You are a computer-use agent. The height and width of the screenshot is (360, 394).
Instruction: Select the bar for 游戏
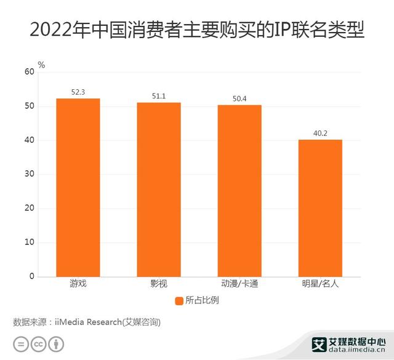click(78, 187)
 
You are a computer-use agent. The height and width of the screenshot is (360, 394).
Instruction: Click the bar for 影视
click(158, 190)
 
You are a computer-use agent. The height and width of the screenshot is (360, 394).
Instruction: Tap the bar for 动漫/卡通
click(239, 191)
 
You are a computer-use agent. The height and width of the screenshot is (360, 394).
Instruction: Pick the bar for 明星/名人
click(320, 208)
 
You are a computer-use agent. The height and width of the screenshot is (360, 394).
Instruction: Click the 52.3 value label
click(78, 92)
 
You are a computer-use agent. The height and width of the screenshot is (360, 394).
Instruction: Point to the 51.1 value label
click(158, 96)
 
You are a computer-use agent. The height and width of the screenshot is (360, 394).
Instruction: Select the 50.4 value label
click(239, 98)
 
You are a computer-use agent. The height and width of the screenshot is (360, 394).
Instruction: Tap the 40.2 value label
click(320, 133)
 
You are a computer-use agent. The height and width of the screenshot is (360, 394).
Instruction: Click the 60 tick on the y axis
click(29, 72)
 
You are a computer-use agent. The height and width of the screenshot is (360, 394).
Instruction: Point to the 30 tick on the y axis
click(29, 175)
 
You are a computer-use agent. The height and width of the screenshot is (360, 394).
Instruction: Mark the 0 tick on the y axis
click(31, 277)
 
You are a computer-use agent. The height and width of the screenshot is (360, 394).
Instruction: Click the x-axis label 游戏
click(78, 284)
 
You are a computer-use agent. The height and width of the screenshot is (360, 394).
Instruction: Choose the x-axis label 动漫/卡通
click(239, 284)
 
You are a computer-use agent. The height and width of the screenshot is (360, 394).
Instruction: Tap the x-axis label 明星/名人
click(320, 284)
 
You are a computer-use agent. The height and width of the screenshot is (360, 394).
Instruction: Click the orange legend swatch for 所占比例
click(179, 301)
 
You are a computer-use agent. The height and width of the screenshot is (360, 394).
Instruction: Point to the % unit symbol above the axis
click(41, 64)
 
